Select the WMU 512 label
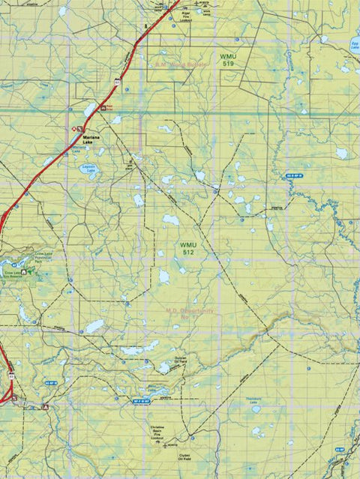187,249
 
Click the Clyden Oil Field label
187,457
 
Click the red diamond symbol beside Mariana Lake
74,129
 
